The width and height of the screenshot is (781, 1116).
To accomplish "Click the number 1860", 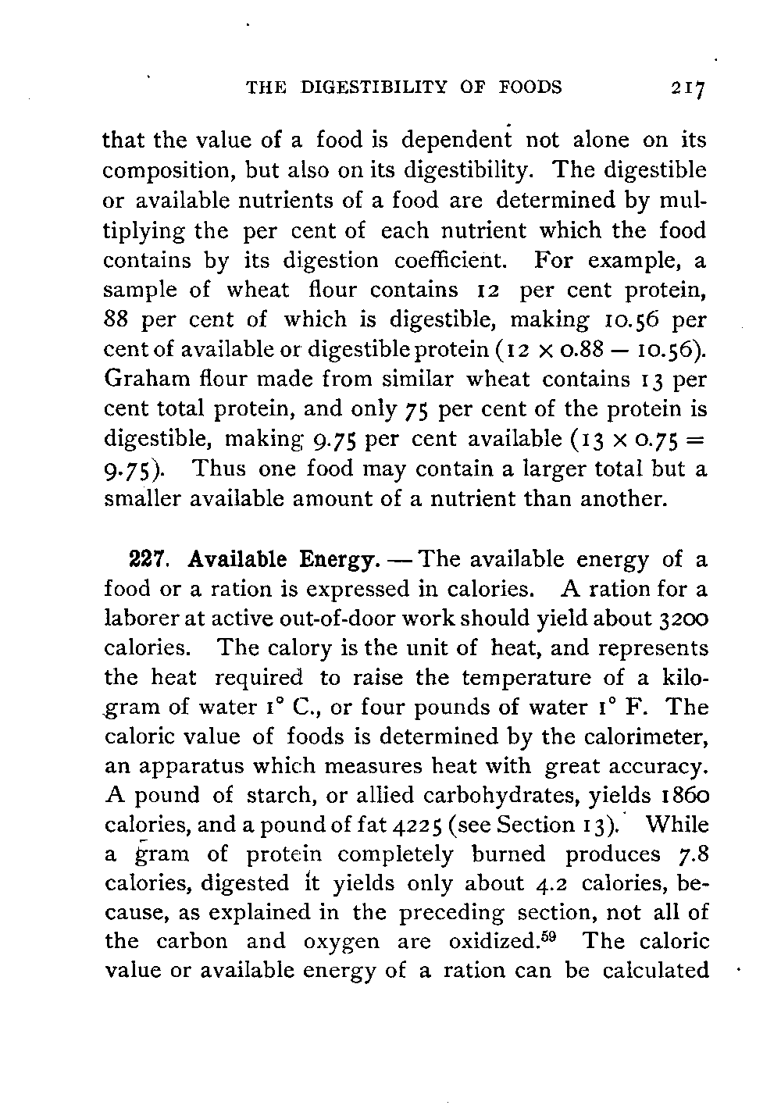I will point(682,795).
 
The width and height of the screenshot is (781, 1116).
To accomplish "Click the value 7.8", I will point(693,854).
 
